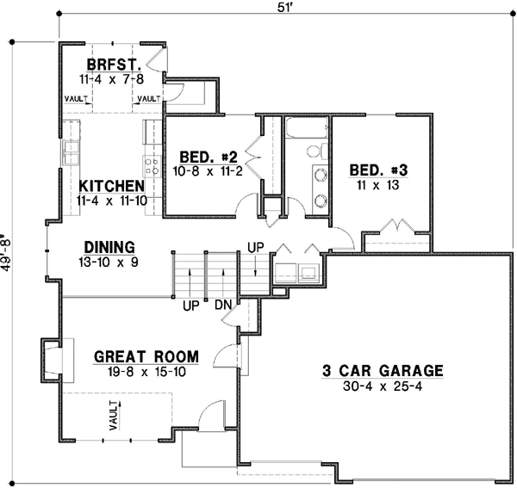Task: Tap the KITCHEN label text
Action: coord(111,186)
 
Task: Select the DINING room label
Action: coord(107,245)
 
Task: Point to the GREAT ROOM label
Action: coord(146,356)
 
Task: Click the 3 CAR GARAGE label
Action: coord(383,371)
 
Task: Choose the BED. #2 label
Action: coord(208,157)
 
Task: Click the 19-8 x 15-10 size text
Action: coord(146,371)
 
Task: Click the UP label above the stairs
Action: coord(257,246)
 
